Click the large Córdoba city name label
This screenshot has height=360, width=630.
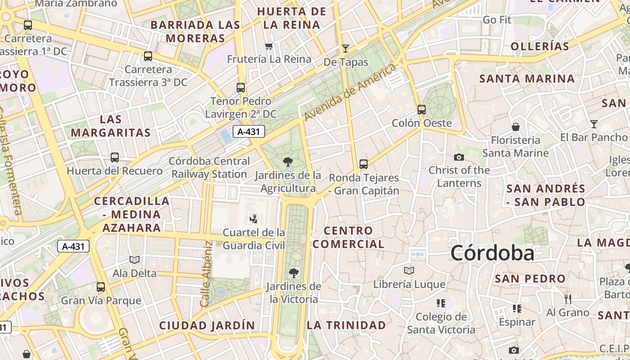coord(492,253)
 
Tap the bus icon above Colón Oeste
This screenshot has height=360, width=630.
coord(422,109)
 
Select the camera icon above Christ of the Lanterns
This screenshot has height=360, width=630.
coord(459,157)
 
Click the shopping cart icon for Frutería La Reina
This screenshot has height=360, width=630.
coord(269,45)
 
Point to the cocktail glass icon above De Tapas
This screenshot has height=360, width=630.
coord(346,49)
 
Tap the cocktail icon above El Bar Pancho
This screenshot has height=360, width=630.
coord(594,124)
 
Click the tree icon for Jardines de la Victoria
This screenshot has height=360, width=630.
coord(294,273)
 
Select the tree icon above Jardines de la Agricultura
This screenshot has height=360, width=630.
coord(288,162)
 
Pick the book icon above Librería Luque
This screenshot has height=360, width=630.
coord(409,270)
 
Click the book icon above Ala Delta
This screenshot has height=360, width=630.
coord(135,260)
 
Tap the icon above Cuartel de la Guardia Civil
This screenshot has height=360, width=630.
coord(254,219)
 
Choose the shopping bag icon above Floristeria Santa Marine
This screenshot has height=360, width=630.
coord(516,127)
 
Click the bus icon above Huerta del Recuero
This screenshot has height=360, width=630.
coord(115,157)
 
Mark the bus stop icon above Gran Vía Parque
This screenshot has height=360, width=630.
coord(101,287)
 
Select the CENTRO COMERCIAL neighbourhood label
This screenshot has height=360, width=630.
coord(349,237)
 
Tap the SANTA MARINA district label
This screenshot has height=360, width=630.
coord(527,79)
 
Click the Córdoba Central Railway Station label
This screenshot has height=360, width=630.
coord(209,167)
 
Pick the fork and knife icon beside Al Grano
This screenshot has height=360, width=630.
coord(568,299)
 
